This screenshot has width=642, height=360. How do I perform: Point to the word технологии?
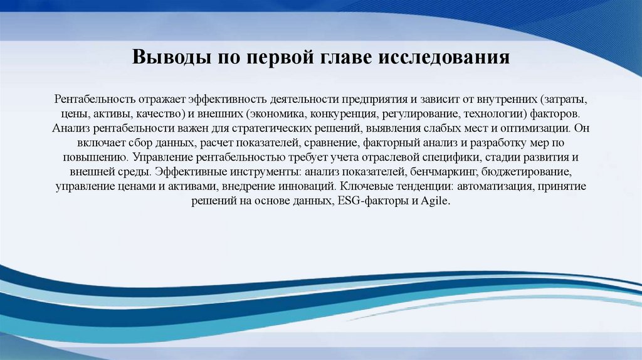point(493,114)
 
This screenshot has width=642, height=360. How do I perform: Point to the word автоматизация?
point(497,186)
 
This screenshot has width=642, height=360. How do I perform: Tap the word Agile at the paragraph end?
point(436,201)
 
